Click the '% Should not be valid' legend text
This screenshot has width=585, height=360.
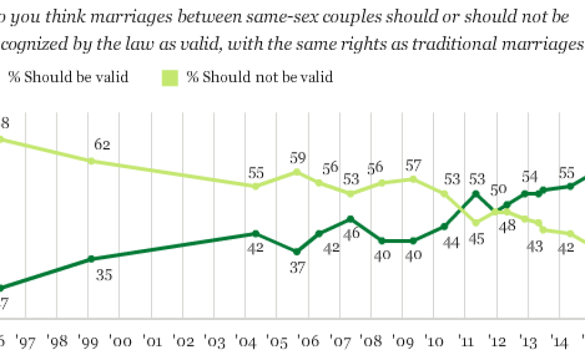coord(259,78)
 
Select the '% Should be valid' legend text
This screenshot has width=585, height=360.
coord(68,78)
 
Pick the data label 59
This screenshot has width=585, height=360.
coord(296,157)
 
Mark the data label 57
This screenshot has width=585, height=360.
coord(413,164)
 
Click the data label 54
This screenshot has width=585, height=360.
coord(528,177)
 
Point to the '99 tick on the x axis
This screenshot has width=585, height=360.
coord(89,342)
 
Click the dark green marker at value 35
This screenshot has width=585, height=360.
coord(90,259)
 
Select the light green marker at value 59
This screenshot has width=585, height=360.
coord(296,171)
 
